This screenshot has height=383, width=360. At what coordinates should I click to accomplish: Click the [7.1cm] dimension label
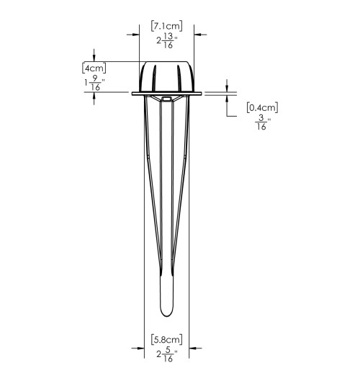point(166,26)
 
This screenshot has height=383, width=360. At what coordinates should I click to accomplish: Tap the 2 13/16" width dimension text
point(166,40)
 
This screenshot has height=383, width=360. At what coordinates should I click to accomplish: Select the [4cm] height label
point(94,68)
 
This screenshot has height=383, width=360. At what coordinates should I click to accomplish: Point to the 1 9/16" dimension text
point(94,83)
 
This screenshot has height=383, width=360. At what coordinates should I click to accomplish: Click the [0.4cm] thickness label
point(262,108)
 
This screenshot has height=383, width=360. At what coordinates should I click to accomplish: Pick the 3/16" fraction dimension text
point(263,122)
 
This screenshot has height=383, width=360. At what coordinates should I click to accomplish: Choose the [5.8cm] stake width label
point(166,340)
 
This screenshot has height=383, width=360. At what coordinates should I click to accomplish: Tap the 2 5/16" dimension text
point(166,354)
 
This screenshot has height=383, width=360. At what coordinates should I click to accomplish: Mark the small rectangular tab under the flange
point(166,99)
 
